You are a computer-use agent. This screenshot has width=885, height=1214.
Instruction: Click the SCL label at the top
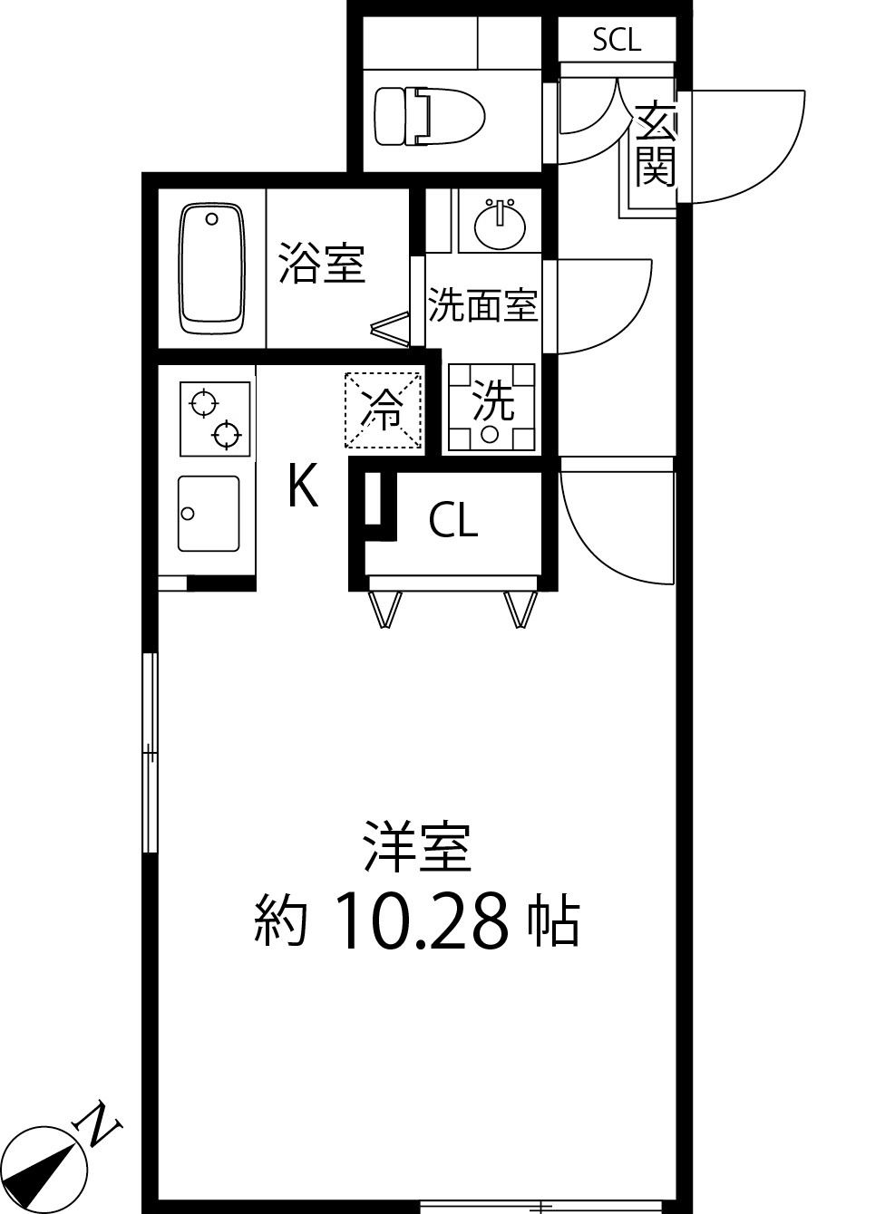(617, 39)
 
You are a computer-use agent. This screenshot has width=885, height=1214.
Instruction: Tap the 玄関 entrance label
(655, 145)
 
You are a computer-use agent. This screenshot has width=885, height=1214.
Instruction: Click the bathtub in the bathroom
(213, 269)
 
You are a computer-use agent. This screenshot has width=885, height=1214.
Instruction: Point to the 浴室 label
(321, 262)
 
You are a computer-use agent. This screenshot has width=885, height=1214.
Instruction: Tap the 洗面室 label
(482, 306)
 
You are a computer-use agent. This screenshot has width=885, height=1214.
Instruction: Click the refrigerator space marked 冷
(384, 410)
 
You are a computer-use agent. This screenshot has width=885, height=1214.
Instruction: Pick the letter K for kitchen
(302, 487)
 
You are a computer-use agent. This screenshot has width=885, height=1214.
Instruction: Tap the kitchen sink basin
(209, 514)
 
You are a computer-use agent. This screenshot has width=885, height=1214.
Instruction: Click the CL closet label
(452, 521)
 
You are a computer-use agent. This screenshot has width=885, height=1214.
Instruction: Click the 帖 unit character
(553, 921)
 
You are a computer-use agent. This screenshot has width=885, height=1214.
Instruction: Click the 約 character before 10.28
(281, 921)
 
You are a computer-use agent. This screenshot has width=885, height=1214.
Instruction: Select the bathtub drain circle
(212, 218)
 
